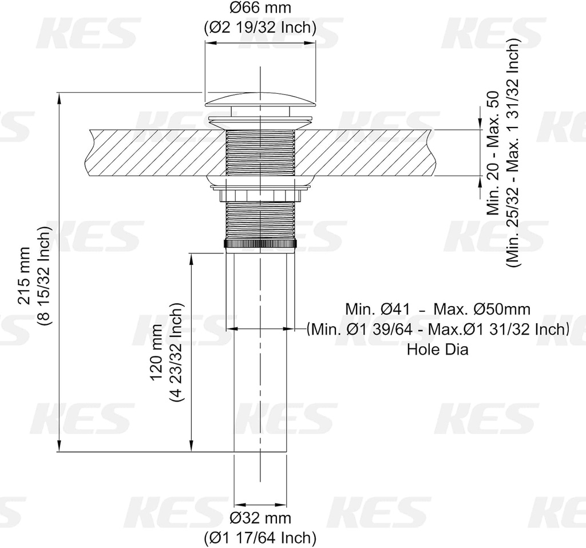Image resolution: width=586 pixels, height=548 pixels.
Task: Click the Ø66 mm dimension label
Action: [260, 8]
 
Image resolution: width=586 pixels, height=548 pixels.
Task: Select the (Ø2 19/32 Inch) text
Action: [260, 26]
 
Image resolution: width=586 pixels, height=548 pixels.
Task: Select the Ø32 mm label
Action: [260, 518]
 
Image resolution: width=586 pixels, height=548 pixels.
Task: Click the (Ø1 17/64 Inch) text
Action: [260, 537]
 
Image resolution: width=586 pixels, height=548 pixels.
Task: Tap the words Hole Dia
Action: [437, 349]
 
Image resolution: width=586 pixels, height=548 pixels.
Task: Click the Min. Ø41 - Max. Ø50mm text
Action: [437, 309]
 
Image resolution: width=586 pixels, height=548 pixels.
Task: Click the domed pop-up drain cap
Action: [260, 100]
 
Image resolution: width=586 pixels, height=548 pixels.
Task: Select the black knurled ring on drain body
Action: [260, 244]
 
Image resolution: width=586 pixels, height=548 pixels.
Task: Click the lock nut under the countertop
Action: [260, 195]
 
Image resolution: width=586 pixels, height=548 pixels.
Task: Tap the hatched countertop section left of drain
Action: [155, 153]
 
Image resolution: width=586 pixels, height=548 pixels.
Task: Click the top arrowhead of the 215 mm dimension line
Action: [60, 97]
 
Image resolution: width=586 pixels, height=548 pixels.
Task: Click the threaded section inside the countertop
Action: [260, 153]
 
